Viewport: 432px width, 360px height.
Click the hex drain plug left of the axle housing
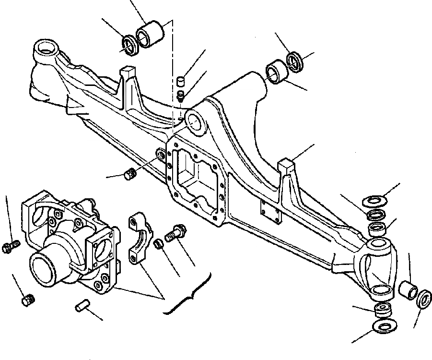tap(129, 174)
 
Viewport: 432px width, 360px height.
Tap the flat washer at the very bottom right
tap(382, 327)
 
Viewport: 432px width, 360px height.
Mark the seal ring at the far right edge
tap(424, 298)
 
